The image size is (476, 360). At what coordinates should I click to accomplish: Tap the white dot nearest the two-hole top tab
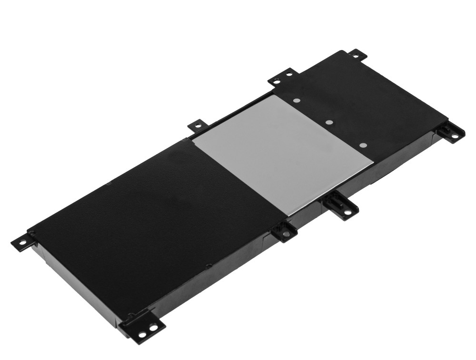pos(297,101)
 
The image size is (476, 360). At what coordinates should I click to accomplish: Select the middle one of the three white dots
pos(329,122)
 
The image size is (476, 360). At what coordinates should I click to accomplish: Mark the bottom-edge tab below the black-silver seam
pos(285,232)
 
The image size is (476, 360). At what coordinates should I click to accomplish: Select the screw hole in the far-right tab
pos(455,136)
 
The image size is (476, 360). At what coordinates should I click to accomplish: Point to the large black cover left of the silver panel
pos(143,210)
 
